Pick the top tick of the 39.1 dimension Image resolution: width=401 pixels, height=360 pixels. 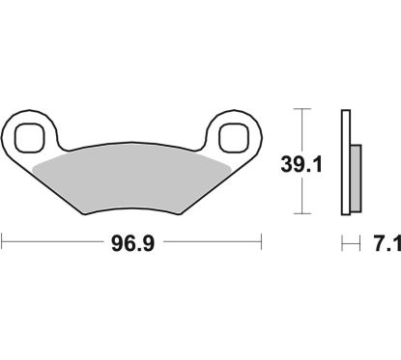click(x=304, y=111)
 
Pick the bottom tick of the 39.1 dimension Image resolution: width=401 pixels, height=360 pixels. click(x=304, y=213)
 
